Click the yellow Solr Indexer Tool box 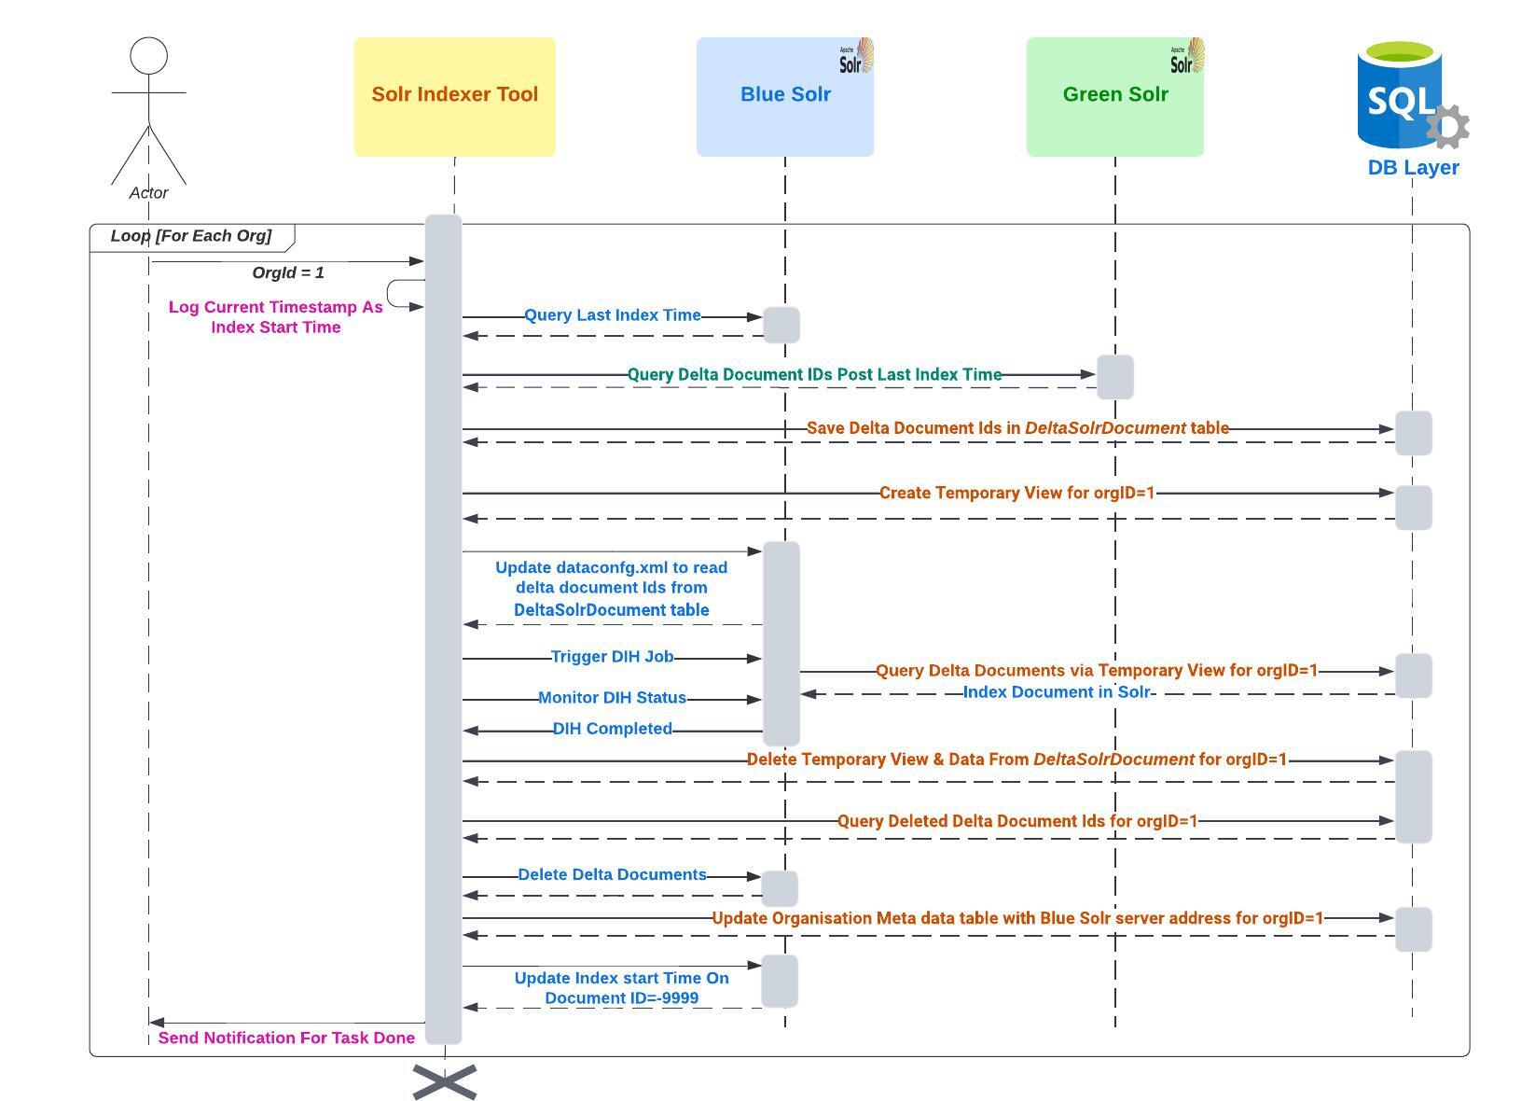454,96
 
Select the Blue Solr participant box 784,96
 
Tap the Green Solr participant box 1114,96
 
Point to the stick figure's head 148,56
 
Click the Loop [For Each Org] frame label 191,236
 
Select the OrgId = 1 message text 288,272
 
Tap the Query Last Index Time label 612,315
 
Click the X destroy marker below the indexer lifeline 445,1082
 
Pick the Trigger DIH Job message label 612,657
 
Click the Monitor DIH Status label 612,698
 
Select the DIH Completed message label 612,729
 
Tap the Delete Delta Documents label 612,875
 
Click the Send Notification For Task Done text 286,1038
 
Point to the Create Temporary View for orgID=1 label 1016,493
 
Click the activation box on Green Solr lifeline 1114,377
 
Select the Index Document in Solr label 1056,692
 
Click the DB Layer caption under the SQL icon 1413,168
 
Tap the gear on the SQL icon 1447,126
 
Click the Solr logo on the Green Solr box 1187,57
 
